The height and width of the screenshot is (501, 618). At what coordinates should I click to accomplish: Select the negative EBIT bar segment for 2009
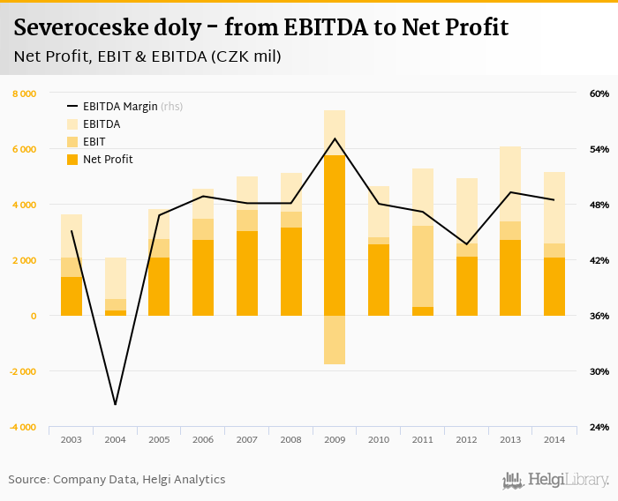coord(335,340)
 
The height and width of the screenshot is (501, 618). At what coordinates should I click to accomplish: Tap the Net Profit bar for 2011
coord(423,311)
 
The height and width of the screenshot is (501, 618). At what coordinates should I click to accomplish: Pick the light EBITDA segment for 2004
coord(116,278)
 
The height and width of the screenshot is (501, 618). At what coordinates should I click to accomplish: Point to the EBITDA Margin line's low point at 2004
coord(116,405)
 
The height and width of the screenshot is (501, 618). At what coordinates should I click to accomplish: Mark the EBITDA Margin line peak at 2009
coord(335,138)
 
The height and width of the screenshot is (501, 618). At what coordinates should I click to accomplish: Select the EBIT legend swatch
coord(72,142)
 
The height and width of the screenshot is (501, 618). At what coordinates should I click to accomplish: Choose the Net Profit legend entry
coord(107,160)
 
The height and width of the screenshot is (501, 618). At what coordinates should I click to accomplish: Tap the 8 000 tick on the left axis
coord(24,93)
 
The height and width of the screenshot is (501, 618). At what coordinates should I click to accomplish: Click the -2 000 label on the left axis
coord(22,371)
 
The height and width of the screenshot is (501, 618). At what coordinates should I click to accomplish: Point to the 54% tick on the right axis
coord(599,149)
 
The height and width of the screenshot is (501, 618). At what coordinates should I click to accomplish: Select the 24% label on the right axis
coord(599,427)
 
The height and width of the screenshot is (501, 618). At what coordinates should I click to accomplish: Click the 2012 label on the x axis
coord(466,439)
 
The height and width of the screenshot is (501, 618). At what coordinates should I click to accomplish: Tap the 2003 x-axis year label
coord(72,439)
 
